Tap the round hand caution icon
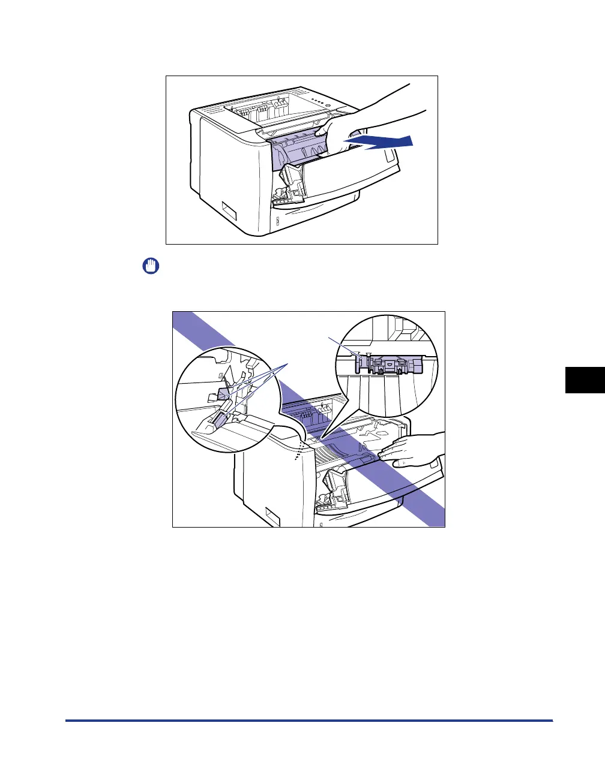pyautogui.click(x=150, y=266)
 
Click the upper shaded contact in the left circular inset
pyautogui.click(x=223, y=393)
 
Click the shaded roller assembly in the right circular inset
pyautogui.click(x=390, y=365)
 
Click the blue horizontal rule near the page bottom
pyautogui.click(x=309, y=721)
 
